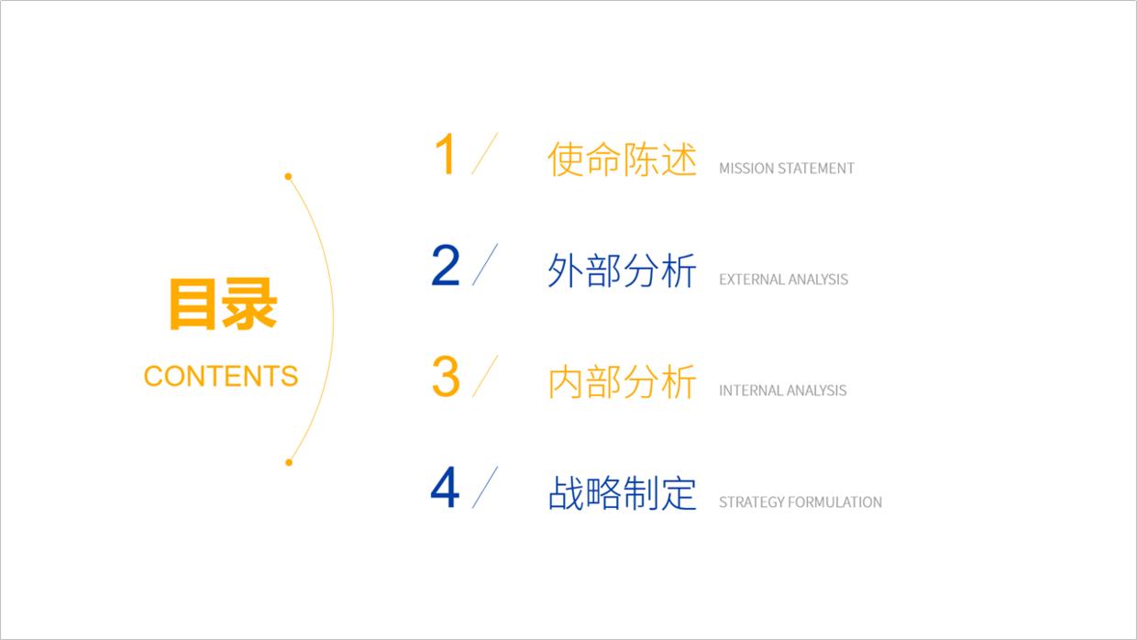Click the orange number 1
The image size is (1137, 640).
[445, 154]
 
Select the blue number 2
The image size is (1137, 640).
[445, 266]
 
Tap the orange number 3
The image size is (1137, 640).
[445, 377]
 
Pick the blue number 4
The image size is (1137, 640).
[445, 489]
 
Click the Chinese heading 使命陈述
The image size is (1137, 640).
[622, 160]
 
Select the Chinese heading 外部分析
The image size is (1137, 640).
[622, 270]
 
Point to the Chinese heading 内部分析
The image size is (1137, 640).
[622, 382]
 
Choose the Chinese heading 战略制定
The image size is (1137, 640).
[622, 493]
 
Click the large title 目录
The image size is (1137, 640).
[222, 304]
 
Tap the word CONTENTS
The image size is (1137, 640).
[221, 376]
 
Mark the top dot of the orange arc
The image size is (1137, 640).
[288, 176]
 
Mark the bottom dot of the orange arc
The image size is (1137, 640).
[288, 462]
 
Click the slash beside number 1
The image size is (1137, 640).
[484, 153]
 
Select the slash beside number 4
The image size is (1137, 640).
[484, 488]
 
